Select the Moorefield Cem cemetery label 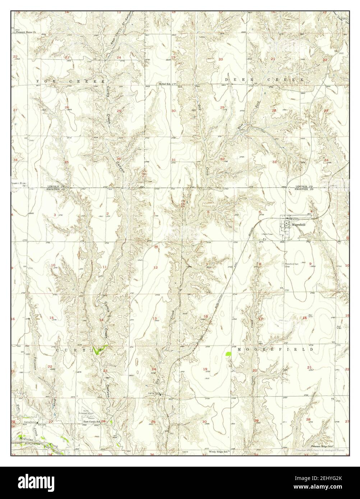292,264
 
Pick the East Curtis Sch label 91,421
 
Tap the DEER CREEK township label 264,79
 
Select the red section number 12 155,267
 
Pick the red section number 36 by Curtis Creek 118,159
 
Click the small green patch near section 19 228,353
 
